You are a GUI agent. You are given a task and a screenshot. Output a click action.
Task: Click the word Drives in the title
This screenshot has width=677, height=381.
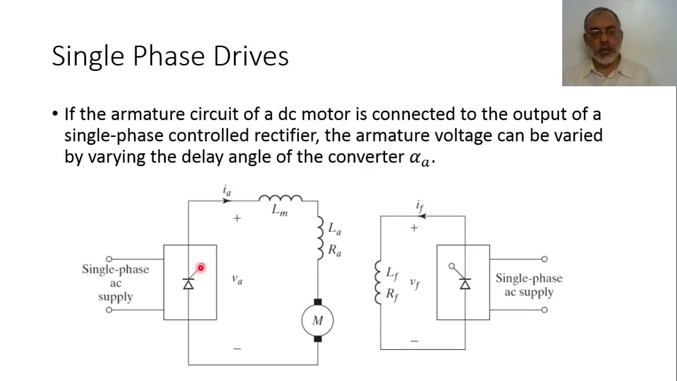point(251,56)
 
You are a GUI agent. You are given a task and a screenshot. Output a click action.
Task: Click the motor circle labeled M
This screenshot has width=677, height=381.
point(317,320)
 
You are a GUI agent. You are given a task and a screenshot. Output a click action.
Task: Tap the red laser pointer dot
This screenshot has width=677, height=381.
point(201,268)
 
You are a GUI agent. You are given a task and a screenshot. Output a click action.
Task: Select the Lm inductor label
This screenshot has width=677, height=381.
point(279,210)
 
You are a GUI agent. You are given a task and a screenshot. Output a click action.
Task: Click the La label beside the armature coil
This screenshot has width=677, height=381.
point(335,229)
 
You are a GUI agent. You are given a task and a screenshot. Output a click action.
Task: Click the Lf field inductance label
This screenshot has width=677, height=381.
point(392,273)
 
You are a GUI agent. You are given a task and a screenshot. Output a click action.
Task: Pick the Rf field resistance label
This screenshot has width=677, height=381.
point(392,294)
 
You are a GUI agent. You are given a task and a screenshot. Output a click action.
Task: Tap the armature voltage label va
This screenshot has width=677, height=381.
point(237,279)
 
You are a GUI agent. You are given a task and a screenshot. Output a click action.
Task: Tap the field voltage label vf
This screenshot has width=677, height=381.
point(415,283)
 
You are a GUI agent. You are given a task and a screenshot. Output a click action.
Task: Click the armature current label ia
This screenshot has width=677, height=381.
point(227,190)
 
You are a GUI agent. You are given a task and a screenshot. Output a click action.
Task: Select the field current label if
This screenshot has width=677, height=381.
point(419,206)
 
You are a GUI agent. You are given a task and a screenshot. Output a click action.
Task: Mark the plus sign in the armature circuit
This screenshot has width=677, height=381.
point(236,218)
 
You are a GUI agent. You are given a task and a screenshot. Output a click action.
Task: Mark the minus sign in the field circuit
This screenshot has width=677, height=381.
point(414,341)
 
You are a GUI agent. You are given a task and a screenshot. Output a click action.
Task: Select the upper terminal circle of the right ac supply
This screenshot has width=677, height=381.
point(544,259)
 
